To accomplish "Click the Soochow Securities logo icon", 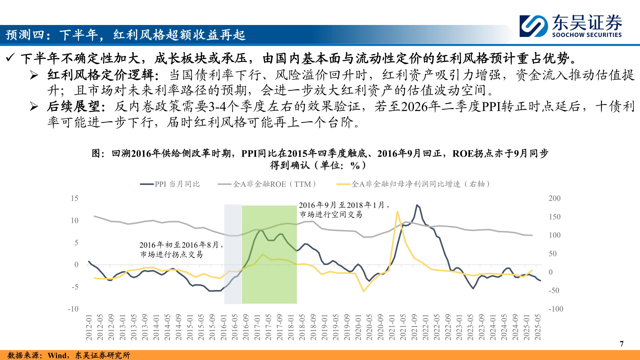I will (533, 26).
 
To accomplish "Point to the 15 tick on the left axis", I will (75, 198).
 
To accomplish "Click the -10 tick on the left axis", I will (73, 309).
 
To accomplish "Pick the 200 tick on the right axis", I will (554, 198).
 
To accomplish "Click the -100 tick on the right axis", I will (556, 309).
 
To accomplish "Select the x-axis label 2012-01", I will (89, 327).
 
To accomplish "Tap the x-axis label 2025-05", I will (538, 327).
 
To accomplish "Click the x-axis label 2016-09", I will (246, 327).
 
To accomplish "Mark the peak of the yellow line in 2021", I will (397, 211).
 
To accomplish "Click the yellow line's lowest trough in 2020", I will (364, 291).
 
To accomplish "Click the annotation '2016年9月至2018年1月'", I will (343, 205).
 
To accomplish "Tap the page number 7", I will (621, 344).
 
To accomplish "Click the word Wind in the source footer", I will (57, 355).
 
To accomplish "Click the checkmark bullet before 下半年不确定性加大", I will (10, 58).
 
